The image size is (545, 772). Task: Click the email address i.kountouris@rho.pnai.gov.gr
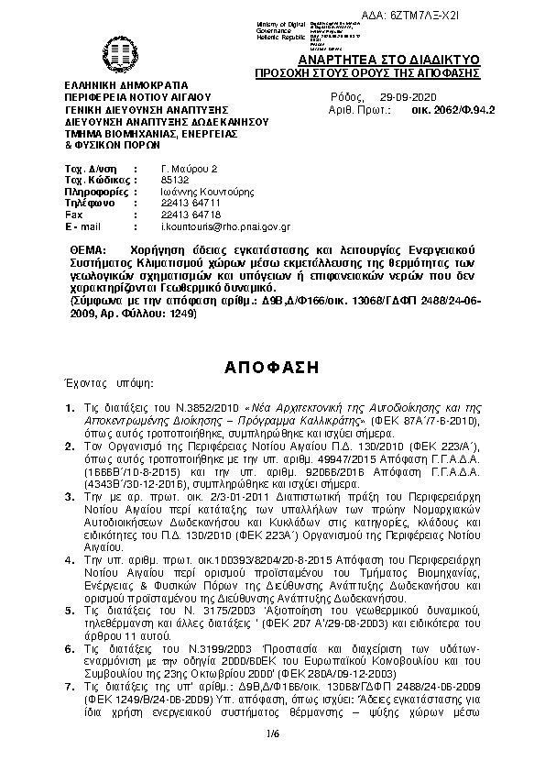[x=225, y=226]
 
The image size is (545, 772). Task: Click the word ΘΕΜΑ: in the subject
[x=88, y=250]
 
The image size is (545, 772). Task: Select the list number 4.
[x=70, y=557]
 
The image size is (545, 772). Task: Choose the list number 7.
[x=70, y=686]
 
